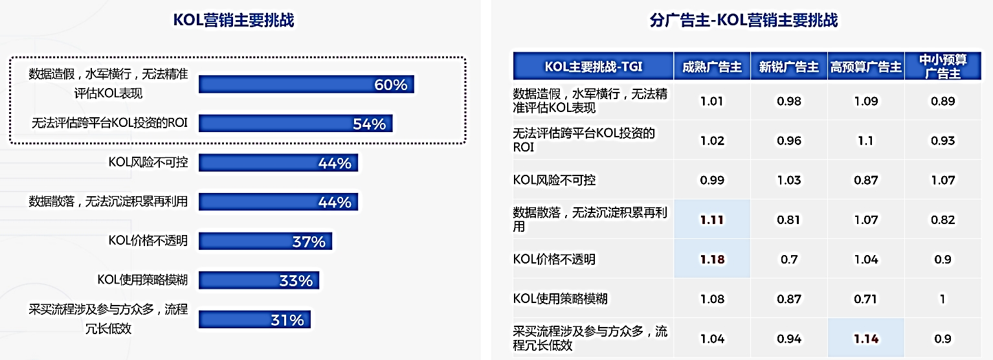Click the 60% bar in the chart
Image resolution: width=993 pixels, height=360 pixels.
[306, 84]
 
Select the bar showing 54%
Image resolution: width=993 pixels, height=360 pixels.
[296, 123]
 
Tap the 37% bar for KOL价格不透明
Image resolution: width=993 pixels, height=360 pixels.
[265, 241]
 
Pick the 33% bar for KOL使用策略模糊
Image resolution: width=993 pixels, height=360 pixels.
[259, 280]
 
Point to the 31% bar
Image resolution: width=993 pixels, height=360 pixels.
[254, 320]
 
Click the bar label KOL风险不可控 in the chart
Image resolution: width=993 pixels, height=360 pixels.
[148, 163]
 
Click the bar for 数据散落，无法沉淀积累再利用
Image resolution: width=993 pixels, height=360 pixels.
[278, 202]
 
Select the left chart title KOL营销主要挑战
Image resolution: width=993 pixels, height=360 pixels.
[234, 20]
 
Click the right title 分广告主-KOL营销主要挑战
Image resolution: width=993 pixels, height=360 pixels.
[743, 20]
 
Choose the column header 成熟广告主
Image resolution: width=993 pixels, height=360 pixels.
[712, 67]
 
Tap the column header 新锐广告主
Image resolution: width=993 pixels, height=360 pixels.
[788, 67]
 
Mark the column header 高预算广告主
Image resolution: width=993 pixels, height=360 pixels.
[865, 67]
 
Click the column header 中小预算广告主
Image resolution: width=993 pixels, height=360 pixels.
[943, 67]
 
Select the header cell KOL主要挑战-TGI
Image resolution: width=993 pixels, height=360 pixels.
[593, 67]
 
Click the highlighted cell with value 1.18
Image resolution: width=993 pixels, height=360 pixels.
[712, 259]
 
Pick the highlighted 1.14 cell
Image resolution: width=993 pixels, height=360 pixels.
[865, 338]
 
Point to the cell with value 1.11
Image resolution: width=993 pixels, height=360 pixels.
[712, 219]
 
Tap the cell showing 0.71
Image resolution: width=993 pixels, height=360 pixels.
[865, 299]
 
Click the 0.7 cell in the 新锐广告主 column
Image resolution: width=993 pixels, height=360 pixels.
[788, 259]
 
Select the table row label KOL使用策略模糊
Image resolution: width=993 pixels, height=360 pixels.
[561, 299]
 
